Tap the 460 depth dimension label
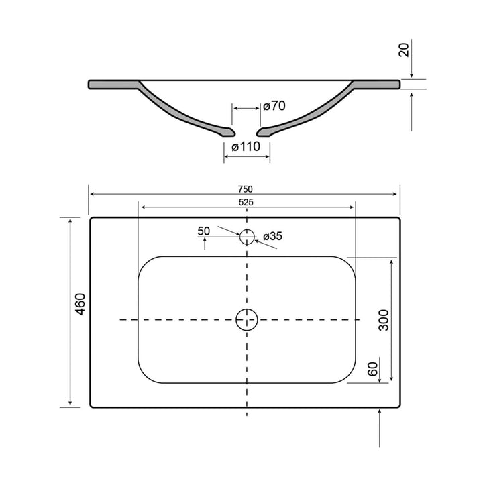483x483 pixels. click(80, 305)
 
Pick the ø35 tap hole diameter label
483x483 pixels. click(272, 236)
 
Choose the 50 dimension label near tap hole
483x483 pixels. click(204, 231)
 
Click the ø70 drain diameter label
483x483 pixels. click(274, 106)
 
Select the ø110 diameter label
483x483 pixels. click(246, 147)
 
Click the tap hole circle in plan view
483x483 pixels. click(247, 235)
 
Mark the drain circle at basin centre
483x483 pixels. click(247, 319)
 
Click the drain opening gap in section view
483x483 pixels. click(246, 130)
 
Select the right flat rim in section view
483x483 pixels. click(378, 84)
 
